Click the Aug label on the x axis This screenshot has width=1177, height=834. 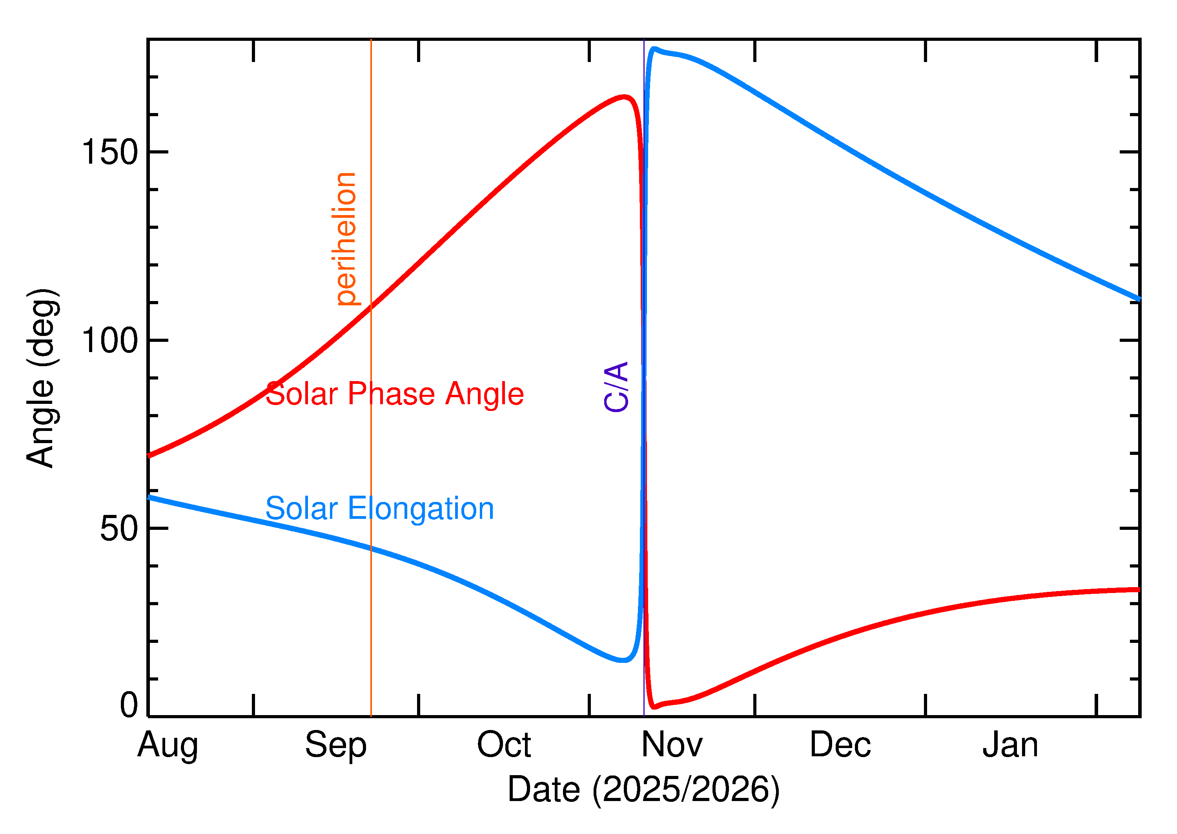coord(168,746)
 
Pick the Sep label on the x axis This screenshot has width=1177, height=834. coord(336,746)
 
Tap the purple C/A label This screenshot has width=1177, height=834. coord(616,387)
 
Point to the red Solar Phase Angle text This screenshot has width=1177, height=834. coord(394,394)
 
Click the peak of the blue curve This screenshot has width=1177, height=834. coord(654,49)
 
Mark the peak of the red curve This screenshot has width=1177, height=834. coord(624,97)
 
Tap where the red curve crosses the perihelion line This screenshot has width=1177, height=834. coord(371,306)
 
